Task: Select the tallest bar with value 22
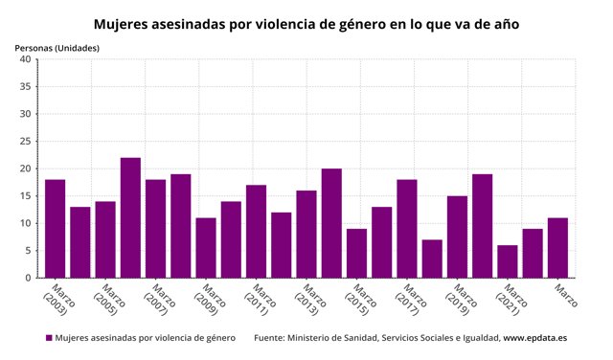click(x=130, y=217)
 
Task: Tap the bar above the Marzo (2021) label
click(x=507, y=261)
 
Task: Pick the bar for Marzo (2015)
click(x=356, y=253)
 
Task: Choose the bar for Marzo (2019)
click(x=457, y=236)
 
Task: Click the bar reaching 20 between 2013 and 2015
click(x=331, y=223)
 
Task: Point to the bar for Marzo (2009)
click(x=206, y=248)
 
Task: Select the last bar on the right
click(x=557, y=248)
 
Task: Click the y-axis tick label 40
click(x=26, y=59)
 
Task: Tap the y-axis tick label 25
click(x=26, y=142)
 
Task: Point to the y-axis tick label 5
click(x=29, y=251)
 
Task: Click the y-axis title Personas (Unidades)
click(x=57, y=47)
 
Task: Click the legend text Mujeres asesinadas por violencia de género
click(x=146, y=338)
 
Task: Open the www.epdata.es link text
click(x=534, y=338)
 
